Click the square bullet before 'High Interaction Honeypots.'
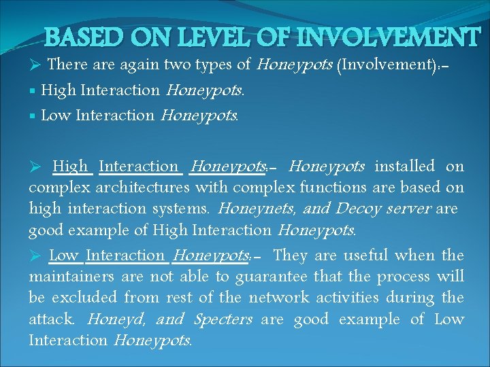[x=33, y=90]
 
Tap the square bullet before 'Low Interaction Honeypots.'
[x=33, y=116]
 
